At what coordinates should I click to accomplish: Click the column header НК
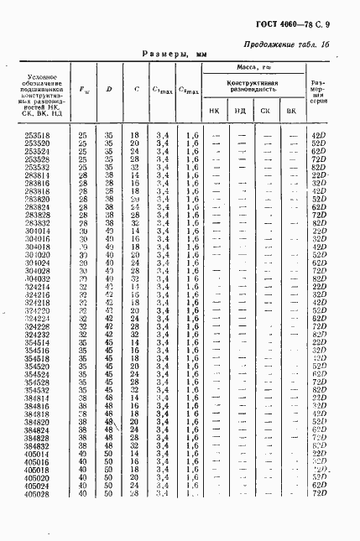click(215, 110)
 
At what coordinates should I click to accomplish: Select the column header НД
click(240, 110)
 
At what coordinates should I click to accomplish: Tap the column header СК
click(265, 110)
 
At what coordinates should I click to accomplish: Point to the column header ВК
click(290, 110)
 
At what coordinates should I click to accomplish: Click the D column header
click(108, 89)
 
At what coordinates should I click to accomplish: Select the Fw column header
click(83, 89)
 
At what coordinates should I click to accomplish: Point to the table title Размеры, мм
click(174, 53)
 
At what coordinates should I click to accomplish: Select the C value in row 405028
click(135, 494)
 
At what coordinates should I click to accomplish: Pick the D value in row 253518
click(108, 134)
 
